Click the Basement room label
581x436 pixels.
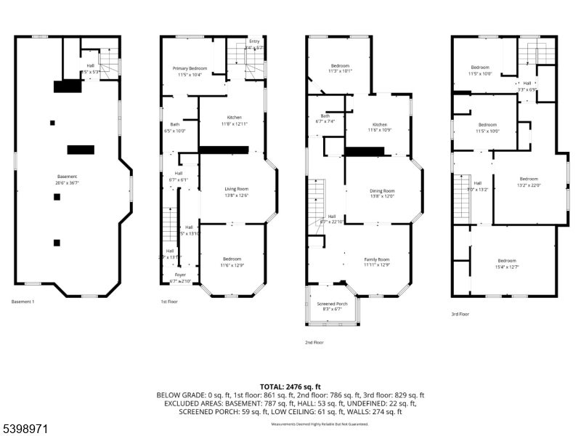point(67,177)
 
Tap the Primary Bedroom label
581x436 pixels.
point(190,68)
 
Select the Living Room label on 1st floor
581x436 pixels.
point(237,188)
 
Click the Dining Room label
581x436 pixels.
point(382,190)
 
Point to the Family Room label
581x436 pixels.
point(377,259)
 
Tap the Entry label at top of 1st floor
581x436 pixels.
point(254,41)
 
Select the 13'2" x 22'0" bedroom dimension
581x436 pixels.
point(529,185)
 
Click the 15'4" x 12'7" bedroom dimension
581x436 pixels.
point(507,267)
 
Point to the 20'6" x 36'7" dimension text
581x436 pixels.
point(67,182)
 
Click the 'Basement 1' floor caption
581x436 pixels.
point(23,302)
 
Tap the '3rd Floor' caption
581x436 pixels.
point(460,314)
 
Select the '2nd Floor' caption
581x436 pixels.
point(314,342)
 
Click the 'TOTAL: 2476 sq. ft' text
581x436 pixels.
point(290,387)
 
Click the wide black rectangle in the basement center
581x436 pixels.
point(81,150)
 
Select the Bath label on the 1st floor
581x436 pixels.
point(175,124)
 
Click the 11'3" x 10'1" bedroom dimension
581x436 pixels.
point(341,71)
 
